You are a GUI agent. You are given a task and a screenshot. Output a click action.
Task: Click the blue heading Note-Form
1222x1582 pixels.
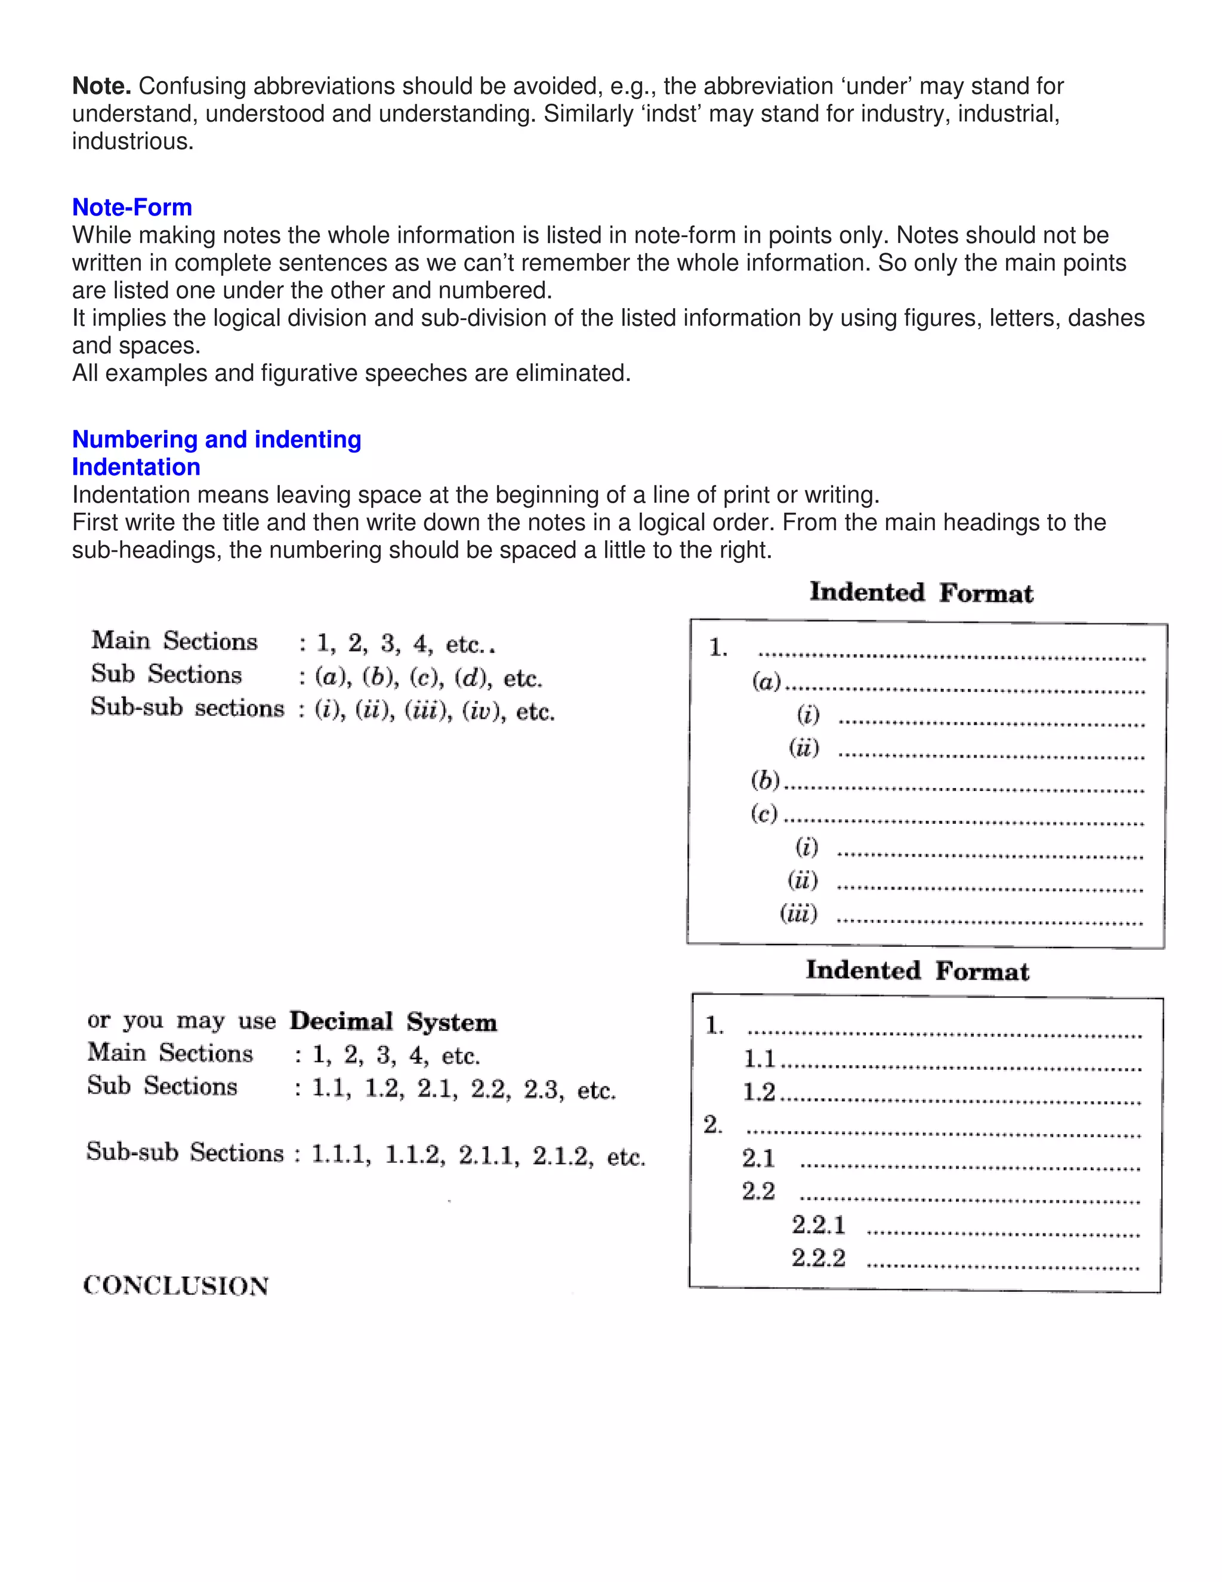(132, 207)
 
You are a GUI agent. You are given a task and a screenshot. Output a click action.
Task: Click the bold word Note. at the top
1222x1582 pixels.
(101, 86)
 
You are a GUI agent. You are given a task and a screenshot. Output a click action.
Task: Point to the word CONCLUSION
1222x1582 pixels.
(176, 1286)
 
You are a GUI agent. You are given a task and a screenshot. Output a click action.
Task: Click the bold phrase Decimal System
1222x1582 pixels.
(393, 1021)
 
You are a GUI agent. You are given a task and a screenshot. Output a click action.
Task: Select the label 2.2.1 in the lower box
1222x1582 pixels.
(818, 1224)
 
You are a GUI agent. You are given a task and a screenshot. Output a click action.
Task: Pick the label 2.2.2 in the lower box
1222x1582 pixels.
(818, 1257)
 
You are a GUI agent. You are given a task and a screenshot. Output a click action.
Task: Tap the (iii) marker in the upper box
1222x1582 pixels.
(798, 913)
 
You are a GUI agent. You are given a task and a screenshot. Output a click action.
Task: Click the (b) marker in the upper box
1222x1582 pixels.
(765, 780)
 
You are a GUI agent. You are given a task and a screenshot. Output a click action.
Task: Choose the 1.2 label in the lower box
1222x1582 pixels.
(759, 1092)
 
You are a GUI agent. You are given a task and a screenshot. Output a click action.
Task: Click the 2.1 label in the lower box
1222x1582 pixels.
(758, 1158)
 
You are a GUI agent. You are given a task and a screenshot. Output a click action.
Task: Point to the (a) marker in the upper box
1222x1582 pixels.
(767, 681)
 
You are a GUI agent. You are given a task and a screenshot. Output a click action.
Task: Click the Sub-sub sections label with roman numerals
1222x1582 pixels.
(187, 707)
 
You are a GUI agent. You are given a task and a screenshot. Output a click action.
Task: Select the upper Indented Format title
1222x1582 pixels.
(921, 593)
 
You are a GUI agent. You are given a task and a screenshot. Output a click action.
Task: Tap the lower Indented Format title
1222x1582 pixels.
(917, 971)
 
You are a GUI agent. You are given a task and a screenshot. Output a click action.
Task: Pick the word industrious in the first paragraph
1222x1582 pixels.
(132, 141)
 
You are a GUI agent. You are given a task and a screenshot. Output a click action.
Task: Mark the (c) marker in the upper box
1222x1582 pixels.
(764, 814)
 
